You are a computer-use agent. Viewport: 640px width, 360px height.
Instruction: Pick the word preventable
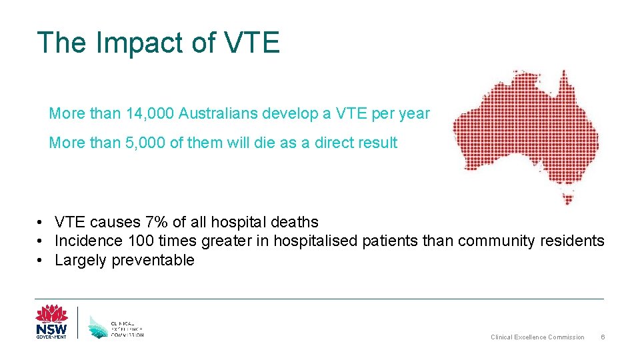pos(153,260)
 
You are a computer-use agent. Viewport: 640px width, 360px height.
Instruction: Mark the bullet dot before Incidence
pos(41,241)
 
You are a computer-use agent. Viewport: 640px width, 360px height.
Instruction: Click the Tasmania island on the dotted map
pos(569,197)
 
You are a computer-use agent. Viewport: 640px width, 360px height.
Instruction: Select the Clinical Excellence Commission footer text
pos(537,337)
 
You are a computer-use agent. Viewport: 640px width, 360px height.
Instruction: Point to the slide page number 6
pos(603,337)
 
